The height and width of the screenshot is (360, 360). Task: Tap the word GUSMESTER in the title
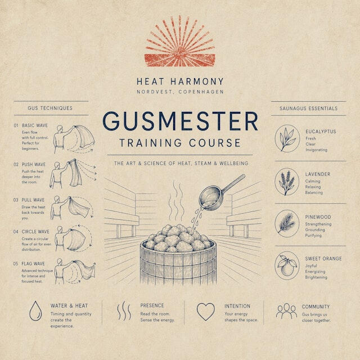click(x=180, y=121)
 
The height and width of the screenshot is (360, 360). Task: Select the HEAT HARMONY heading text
click(x=180, y=82)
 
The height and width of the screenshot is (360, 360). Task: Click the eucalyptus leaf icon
click(x=287, y=139)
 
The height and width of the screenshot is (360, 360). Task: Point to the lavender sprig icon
click(x=287, y=182)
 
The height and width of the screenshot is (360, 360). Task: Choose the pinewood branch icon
click(x=287, y=224)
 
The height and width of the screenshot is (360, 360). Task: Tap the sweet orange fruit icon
click(x=287, y=265)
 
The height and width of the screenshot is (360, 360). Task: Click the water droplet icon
click(x=35, y=311)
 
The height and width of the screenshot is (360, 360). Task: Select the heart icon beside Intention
click(x=206, y=312)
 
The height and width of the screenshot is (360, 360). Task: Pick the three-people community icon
click(x=286, y=311)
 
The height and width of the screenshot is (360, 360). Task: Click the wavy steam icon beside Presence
click(x=124, y=311)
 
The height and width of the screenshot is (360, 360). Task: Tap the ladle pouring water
click(x=219, y=193)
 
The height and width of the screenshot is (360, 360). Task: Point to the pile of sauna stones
click(x=178, y=238)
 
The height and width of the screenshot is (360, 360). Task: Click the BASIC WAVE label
click(x=35, y=125)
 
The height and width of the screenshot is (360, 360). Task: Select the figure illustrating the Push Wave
click(x=57, y=175)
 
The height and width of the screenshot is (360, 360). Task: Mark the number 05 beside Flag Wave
click(x=16, y=264)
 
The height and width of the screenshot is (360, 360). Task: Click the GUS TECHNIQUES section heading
click(x=50, y=108)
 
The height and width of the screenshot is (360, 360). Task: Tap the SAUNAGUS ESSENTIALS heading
click(x=309, y=109)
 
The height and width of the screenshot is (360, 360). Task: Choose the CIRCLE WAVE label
click(x=35, y=232)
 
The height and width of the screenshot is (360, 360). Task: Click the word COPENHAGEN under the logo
click(x=201, y=92)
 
